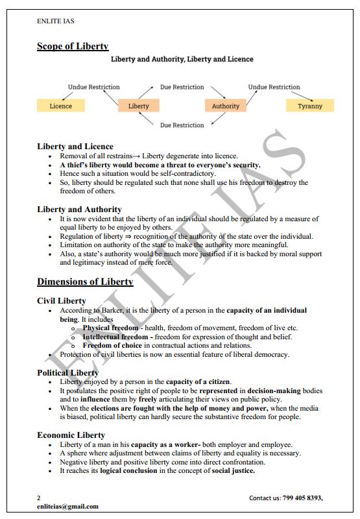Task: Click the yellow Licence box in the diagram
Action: [61, 106]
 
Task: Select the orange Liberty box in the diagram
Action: [139, 106]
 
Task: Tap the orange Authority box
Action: [226, 106]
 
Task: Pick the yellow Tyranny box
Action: [310, 106]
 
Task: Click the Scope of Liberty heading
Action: [73, 46]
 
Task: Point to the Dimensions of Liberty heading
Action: [85, 282]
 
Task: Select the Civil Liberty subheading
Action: [62, 300]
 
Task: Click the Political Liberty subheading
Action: [68, 372]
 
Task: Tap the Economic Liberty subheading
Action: [71, 435]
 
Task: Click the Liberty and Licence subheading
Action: [75, 147]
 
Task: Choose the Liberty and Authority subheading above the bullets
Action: [79, 210]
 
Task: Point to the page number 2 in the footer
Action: [39, 498]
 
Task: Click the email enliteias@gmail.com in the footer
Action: [67, 506]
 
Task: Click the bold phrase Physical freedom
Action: [110, 328]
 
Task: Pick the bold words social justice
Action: [232, 470]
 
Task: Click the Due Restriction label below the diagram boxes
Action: [182, 125]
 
